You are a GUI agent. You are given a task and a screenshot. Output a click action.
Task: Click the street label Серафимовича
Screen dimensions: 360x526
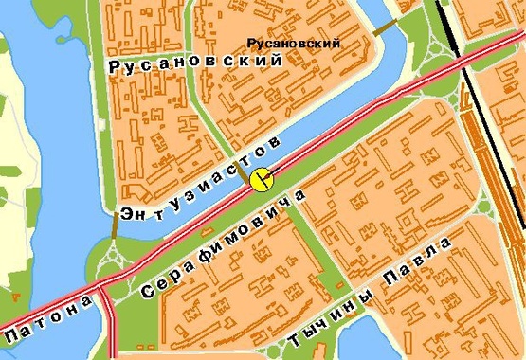(224, 244)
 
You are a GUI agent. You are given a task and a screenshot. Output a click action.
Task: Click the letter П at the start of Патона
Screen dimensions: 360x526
(12, 337)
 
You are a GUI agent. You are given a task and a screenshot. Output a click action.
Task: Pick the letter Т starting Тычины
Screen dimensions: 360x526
(297, 338)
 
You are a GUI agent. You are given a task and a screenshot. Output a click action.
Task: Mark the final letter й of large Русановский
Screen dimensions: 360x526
(277, 60)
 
